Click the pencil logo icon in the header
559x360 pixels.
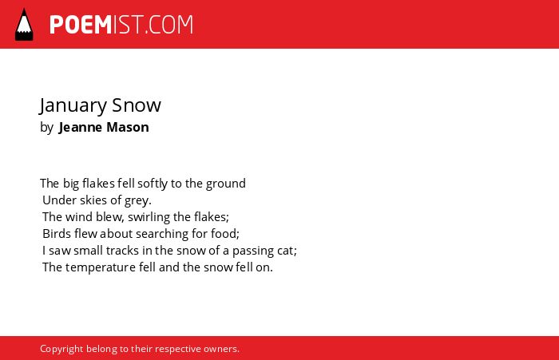24,25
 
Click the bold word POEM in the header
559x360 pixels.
81,25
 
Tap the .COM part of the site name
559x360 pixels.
169,25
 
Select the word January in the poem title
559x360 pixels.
73,106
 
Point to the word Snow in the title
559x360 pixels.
137,105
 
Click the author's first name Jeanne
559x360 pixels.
81,127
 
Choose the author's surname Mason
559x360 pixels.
128,127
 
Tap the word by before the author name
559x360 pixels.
46,128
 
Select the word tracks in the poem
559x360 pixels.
122,251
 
